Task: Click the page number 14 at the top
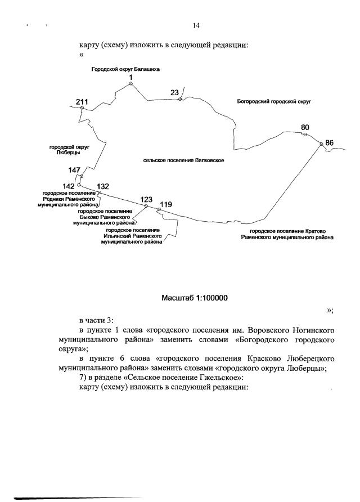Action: (x=196, y=26)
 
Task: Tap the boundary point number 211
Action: (x=83, y=101)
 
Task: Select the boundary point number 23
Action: (x=174, y=92)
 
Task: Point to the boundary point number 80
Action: (x=305, y=127)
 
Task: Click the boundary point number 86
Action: (x=330, y=143)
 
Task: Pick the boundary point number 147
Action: (x=75, y=169)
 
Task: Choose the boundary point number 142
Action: (x=69, y=185)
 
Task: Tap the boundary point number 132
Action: (x=103, y=186)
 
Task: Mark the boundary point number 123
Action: (x=146, y=200)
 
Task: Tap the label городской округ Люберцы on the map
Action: (x=68, y=150)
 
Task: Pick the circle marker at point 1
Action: (x=130, y=83)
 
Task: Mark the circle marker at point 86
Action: (x=321, y=145)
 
